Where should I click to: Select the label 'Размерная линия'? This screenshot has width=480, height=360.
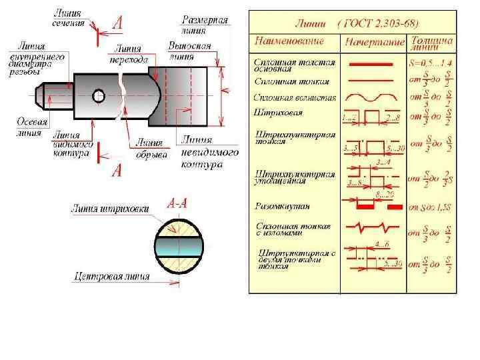point(205,25)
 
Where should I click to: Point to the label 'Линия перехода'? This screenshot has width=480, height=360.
point(131,54)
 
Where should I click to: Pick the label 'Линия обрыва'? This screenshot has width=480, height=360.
point(149,147)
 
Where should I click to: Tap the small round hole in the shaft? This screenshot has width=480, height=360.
point(99,95)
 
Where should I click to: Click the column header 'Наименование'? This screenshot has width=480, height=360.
point(289,41)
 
